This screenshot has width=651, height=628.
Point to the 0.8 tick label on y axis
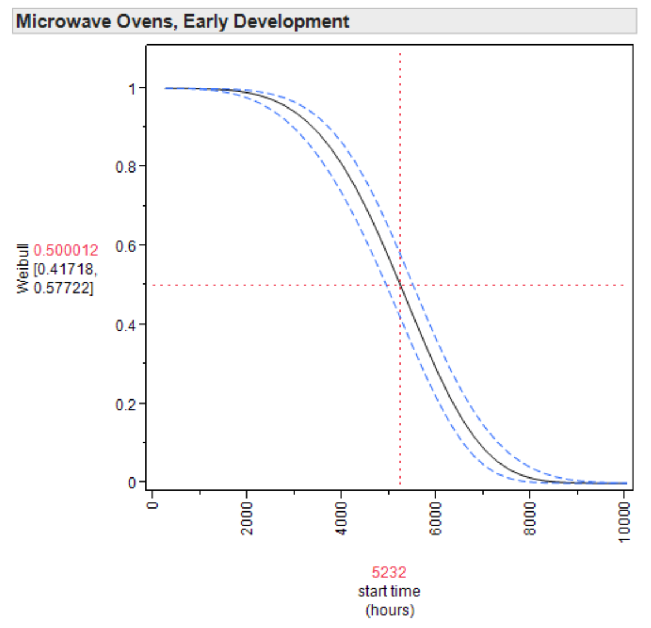click(x=126, y=167)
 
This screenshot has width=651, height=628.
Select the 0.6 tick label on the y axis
click(x=126, y=246)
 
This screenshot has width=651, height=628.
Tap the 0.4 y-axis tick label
click(x=126, y=325)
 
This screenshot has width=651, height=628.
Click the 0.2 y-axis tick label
click(x=126, y=404)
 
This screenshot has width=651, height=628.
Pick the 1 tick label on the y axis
click(x=133, y=88)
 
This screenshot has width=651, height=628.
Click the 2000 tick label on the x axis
click(x=246, y=517)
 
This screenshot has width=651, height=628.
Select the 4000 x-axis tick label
click(x=341, y=517)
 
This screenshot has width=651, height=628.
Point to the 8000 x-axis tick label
click(x=530, y=517)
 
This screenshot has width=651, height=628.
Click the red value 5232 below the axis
click(x=389, y=573)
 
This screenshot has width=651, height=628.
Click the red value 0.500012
click(x=66, y=251)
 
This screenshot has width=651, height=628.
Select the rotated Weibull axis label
click(x=23, y=268)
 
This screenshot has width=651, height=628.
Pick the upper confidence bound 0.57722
click(x=63, y=287)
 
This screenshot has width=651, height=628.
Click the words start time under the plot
click(x=389, y=592)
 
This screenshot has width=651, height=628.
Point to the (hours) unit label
click(x=390, y=610)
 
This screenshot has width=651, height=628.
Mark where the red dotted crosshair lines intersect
click(x=400, y=285)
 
